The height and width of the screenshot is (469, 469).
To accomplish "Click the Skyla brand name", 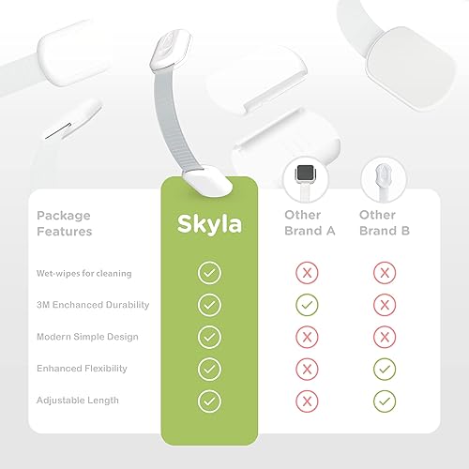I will [x=209, y=224].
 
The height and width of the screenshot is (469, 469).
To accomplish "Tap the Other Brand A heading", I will [x=303, y=222].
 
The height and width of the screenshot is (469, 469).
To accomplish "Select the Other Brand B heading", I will [x=377, y=222].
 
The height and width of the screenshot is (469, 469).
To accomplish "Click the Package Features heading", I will [x=64, y=222].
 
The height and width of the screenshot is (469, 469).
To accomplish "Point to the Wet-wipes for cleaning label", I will [x=83, y=273].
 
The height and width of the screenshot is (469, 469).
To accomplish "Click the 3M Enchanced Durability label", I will [x=93, y=305].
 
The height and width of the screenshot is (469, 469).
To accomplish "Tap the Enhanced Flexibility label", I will [x=82, y=369].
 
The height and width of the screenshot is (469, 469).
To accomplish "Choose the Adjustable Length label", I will [x=77, y=401].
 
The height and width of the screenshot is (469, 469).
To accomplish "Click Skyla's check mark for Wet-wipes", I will [x=210, y=273].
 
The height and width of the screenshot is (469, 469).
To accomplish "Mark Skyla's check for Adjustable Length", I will [x=210, y=401].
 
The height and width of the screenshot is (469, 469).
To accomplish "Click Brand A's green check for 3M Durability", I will [x=303, y=305].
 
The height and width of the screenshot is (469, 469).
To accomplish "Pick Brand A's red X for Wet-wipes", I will [x=303, y=273].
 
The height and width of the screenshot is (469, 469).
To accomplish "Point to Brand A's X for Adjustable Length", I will [x=303, y=401].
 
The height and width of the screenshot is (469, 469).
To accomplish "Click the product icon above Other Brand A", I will [x=303, y=176].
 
